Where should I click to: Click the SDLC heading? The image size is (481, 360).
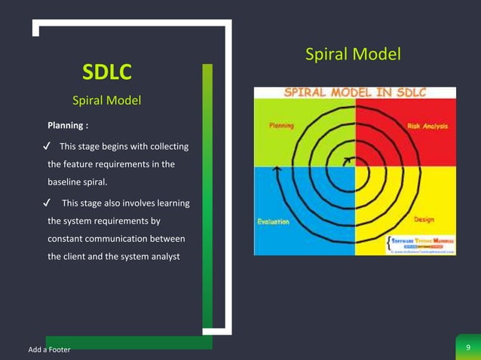tap(106, 72)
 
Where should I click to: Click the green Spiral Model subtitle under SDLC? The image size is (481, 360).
tap(106, 100)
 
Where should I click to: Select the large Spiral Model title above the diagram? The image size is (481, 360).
tap(353, 54)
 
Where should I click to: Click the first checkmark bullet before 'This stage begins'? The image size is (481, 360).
tap(47, 145)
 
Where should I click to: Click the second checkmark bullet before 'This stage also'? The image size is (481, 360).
tap(47, 203)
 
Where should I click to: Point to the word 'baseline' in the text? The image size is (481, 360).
tap(66, 182)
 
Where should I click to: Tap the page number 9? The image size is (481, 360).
tap(468, 347)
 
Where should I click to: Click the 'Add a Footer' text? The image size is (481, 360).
tap(49, 349)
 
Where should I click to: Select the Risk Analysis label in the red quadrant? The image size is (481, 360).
tap(427, 127)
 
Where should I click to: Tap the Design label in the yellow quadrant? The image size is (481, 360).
tap(423, 220)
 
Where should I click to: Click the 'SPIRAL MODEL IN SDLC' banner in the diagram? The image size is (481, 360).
tap(355, 93)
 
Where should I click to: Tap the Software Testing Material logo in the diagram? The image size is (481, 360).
tap(418, 243)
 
